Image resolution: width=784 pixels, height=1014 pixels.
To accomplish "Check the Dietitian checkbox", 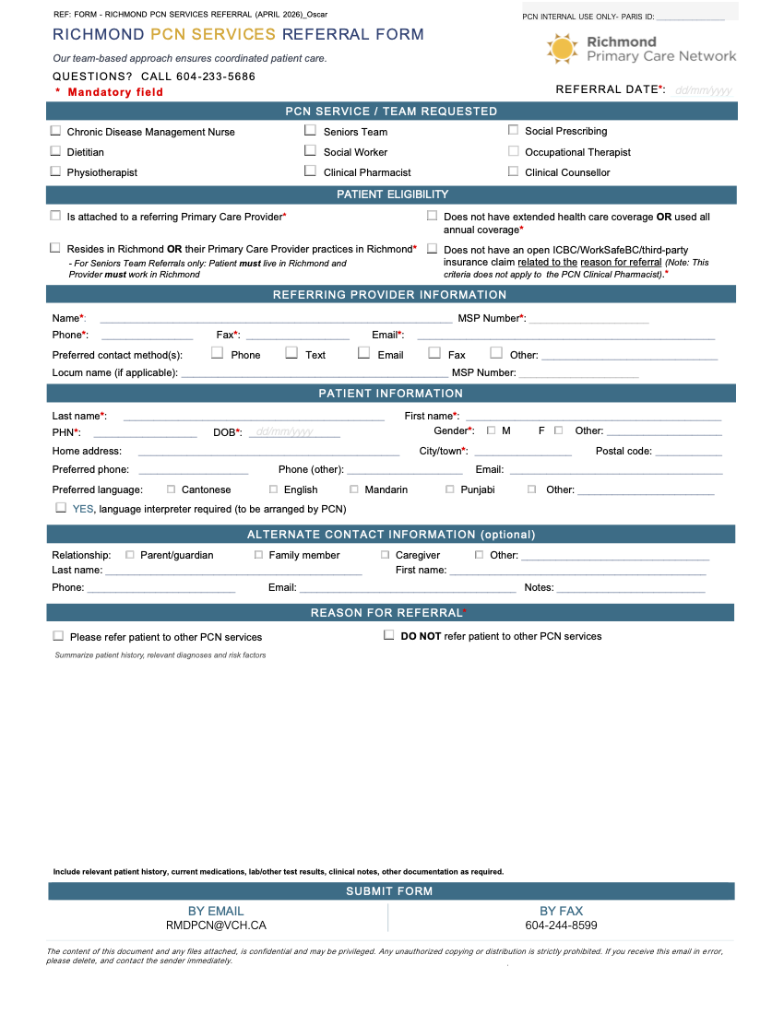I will point(55,151).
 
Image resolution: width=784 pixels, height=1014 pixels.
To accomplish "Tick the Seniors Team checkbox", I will point(311,131).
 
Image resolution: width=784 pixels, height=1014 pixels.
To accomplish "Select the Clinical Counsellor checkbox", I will point(514,171).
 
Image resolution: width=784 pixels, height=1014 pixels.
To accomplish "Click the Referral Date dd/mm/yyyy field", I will point(703,90).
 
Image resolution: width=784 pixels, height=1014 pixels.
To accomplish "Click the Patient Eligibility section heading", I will point(392,195).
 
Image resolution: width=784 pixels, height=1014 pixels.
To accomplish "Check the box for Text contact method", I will point(291,353).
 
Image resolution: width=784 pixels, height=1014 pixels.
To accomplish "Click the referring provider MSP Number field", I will point(588,319).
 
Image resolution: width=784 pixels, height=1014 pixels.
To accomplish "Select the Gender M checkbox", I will point(491,430).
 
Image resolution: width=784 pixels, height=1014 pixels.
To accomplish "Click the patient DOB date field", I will point(293,431).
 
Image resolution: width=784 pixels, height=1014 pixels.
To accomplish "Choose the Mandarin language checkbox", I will point(354,489).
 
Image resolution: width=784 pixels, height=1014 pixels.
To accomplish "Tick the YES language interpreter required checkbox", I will point(61,508).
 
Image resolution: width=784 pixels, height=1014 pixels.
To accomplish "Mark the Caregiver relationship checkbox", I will point(386,555).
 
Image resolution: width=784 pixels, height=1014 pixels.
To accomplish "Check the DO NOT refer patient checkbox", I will point(388,635).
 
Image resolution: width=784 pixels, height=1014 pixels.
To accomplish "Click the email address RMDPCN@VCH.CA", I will point(216,926).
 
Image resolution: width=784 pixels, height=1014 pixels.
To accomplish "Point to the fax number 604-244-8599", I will point(561,926).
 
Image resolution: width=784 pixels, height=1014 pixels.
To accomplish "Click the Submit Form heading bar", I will point(391,891).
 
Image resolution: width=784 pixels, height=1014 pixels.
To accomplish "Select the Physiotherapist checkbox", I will point(55,171).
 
